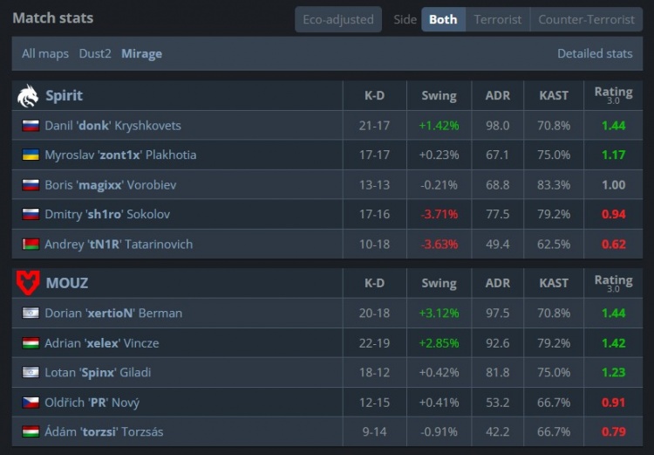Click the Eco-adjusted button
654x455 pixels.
338,19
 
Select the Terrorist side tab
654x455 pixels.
498,19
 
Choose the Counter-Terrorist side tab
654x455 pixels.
587,19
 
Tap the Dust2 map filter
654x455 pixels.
95,53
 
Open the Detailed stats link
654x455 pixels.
595,53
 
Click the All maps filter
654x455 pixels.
45,53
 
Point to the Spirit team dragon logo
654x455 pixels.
28,96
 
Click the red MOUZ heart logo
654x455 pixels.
28,283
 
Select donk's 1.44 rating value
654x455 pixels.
614,126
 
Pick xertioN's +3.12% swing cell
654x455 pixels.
439,313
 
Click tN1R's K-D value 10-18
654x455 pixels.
375,244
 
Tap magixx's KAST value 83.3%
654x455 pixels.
554,184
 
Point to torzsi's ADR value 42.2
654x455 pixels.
498,431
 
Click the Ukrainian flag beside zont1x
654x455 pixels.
31,155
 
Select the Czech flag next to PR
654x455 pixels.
31,403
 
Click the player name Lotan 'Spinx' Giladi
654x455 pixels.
98,372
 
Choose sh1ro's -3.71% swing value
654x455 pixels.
439,214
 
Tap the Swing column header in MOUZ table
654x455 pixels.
439,283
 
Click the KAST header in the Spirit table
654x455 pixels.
554,96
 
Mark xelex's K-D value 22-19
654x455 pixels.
375,343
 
